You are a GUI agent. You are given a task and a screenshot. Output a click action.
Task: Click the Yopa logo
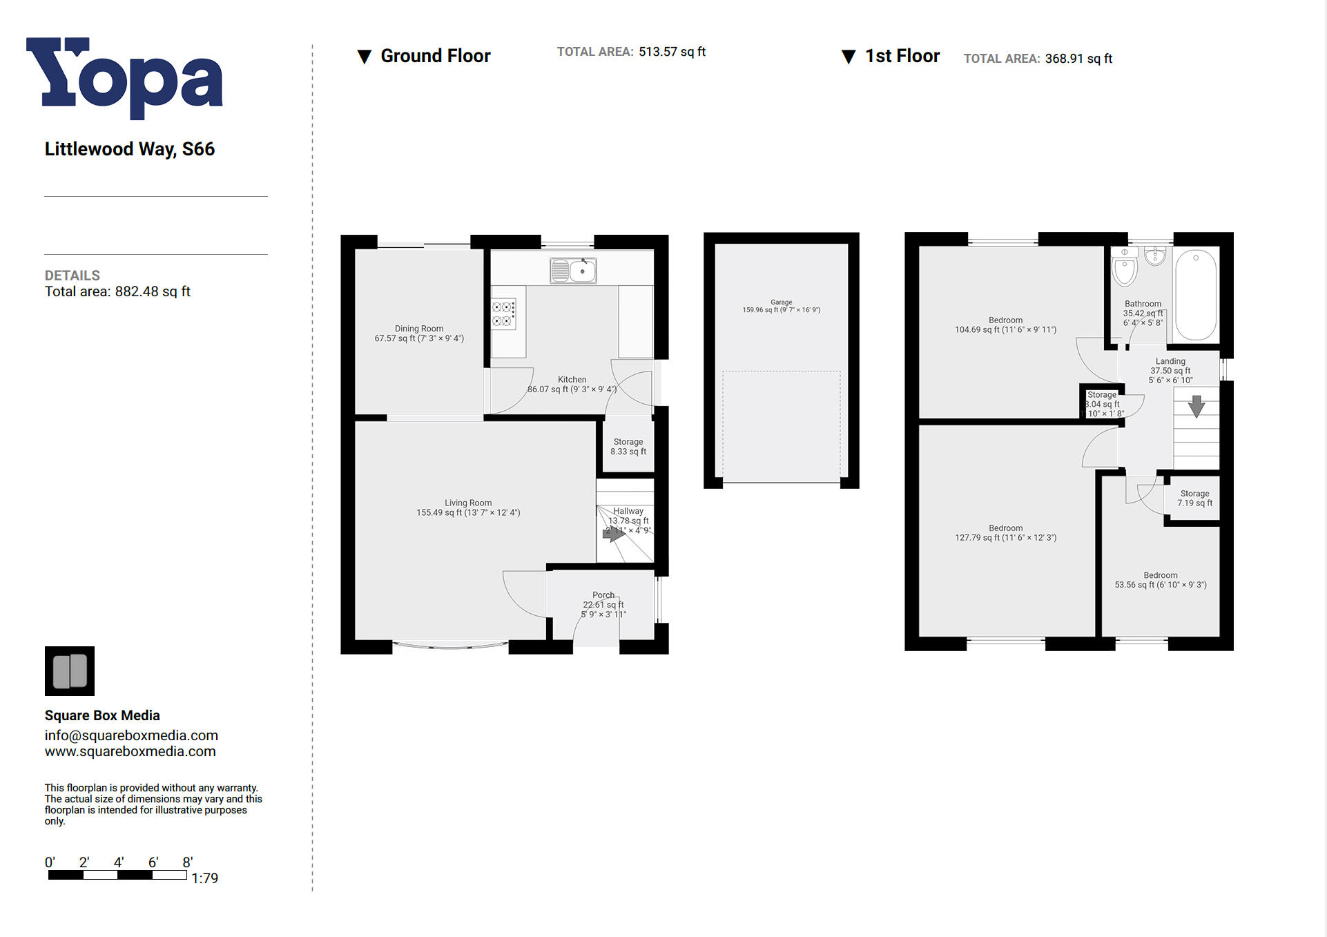[124, 77]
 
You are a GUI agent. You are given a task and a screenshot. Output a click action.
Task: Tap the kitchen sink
[573, 271]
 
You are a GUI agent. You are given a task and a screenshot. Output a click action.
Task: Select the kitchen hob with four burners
[503, 314]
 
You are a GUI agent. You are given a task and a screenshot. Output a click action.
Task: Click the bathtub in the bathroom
[1196, 294]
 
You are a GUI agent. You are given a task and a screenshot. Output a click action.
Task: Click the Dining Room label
[419, 334]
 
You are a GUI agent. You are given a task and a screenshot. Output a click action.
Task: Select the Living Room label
[468, 508]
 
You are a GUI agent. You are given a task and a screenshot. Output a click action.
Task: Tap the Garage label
[781, 306]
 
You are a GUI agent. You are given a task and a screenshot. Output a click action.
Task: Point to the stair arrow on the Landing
[1197, 406]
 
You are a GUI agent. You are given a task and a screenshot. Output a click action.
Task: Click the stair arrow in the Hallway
[614, 533]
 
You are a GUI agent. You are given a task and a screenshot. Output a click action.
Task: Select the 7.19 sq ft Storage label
[1194, 499]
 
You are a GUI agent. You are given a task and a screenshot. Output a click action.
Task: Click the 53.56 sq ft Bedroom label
[1160, 580]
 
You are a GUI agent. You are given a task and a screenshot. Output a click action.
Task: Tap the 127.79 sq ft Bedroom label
[1005, 532]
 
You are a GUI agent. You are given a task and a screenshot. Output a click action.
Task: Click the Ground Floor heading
[435, 56]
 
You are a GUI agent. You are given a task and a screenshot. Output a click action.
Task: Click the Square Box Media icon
[70, 670]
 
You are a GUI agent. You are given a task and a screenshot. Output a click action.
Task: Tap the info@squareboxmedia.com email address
[131, 735]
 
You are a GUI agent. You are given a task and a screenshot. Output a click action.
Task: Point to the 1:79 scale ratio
[204, 878]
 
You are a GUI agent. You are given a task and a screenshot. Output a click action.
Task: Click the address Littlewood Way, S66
[130, 149]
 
